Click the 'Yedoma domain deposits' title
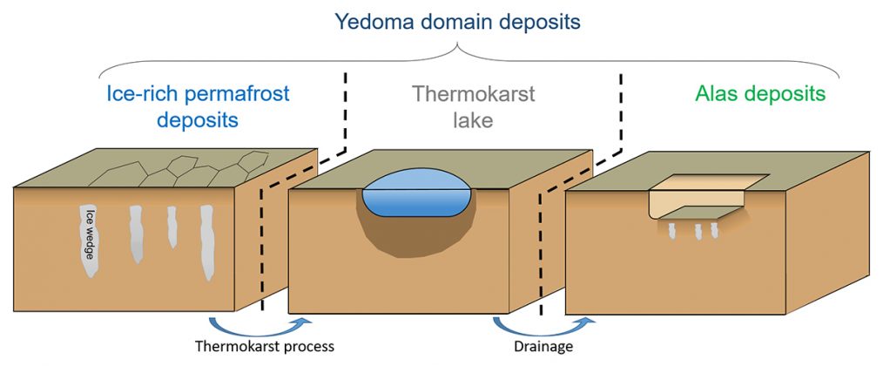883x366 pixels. (x=456, y=22)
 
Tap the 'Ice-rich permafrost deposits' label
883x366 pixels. (x=198, y=106)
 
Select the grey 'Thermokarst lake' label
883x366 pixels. (x=473, y=106)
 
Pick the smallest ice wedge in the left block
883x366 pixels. (x=172, y=227)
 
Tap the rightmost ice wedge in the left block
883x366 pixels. (x=207, y=242)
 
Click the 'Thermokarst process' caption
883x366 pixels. (x=264, y=346)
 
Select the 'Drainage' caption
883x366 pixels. (x=543, y=346)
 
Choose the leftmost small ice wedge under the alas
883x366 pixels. (x=671, y=229)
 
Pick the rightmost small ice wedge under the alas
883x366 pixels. (x=715, y=229)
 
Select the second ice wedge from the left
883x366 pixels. (x=136, y=234)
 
